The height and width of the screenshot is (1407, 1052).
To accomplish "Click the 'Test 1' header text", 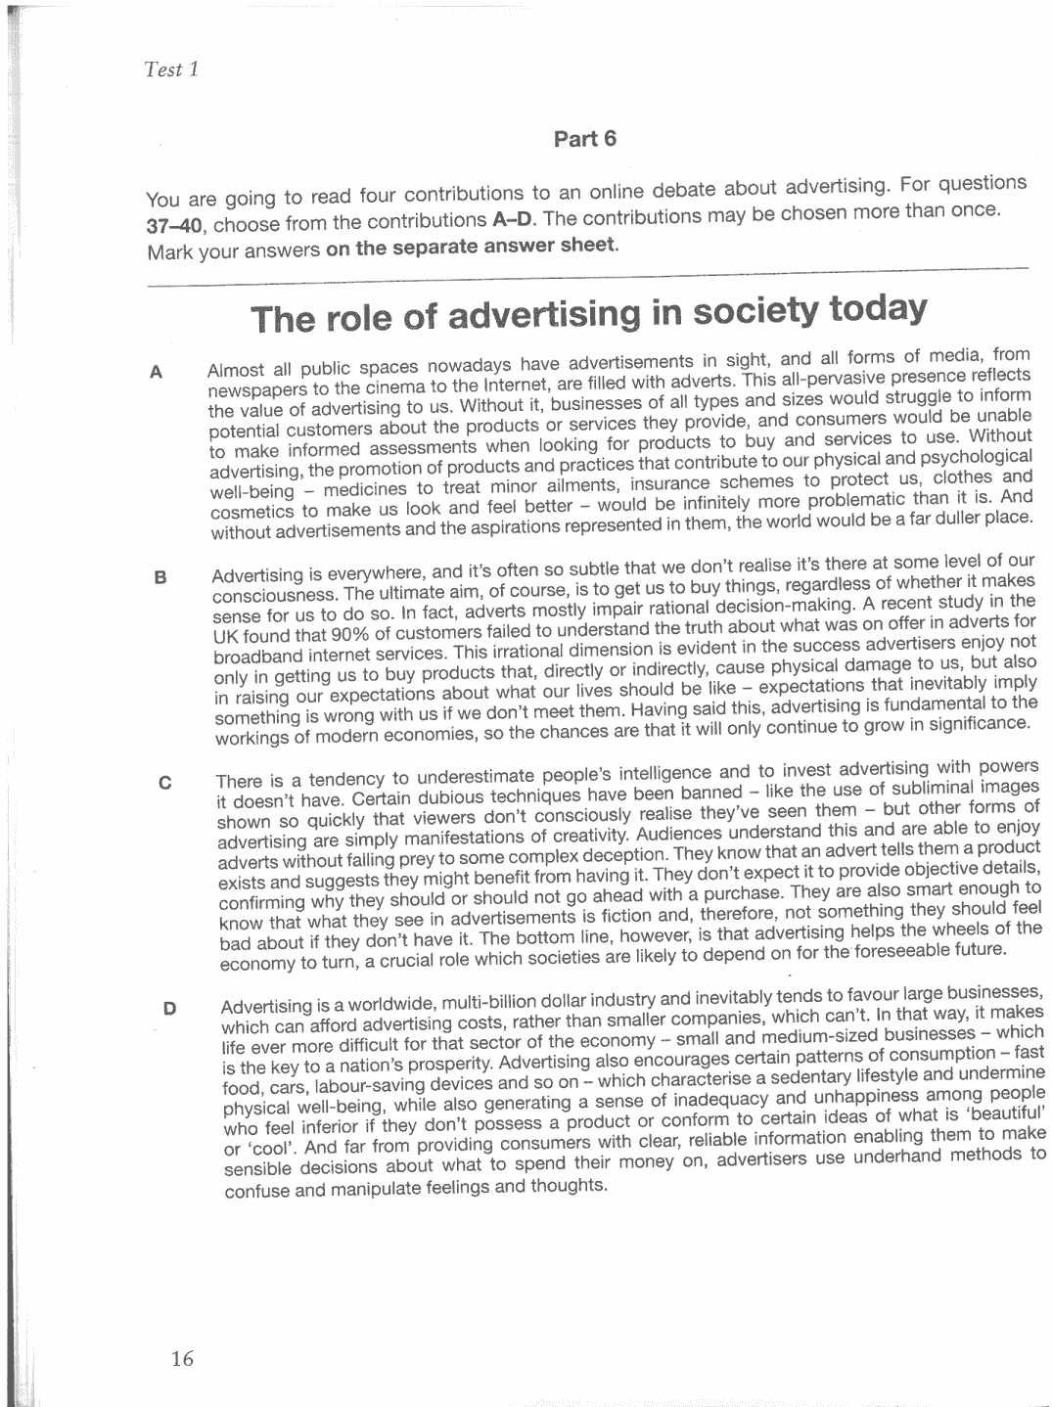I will coord(171,69).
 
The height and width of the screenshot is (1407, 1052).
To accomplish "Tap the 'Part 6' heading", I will coord(585,138).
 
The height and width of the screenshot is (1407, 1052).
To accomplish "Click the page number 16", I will coord(182,1357).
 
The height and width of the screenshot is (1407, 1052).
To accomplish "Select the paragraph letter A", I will coord(155,372).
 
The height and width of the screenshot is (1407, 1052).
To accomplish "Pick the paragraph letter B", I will coord(160,577).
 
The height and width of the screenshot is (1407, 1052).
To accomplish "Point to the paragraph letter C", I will coord(164,783).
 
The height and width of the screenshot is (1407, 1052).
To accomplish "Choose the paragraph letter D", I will coord(169,1007).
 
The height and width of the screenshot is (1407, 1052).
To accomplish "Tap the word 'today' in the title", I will coord(876,308).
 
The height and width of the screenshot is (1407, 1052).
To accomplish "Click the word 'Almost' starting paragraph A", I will coord(236,371).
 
